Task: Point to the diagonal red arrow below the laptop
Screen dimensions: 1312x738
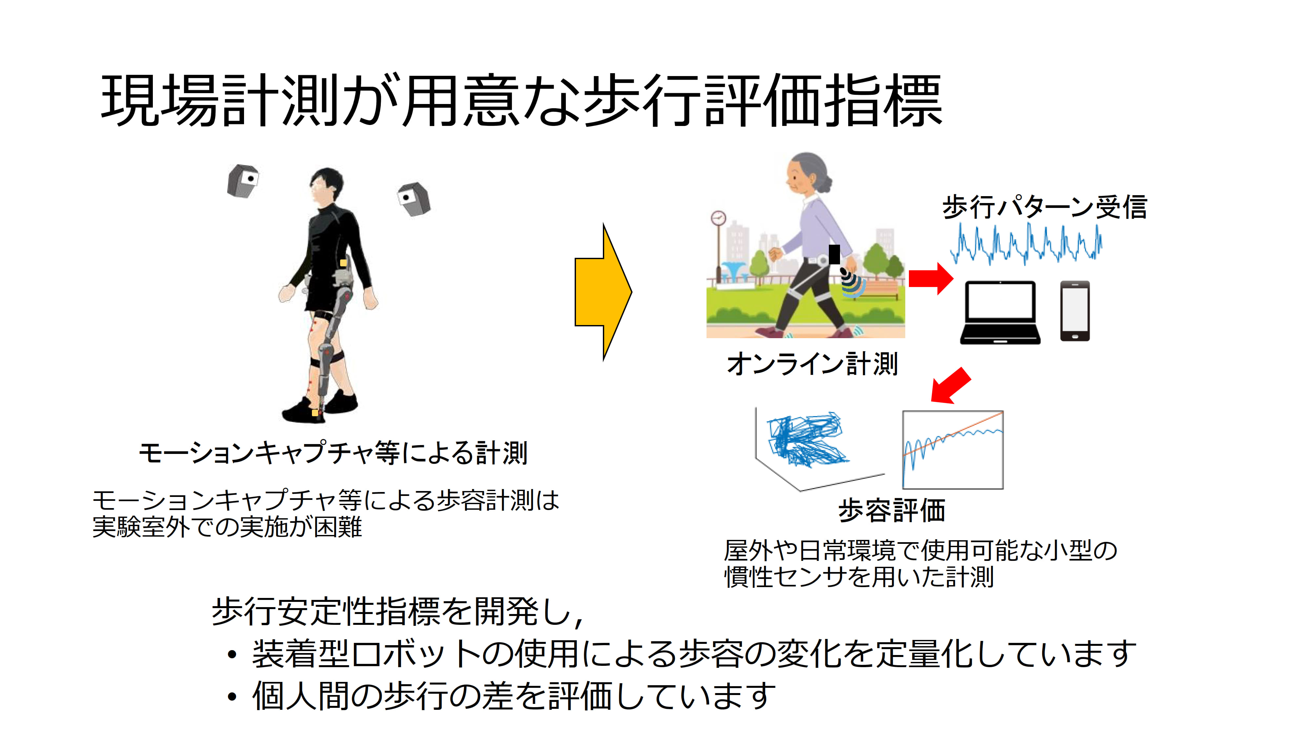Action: point(951,385)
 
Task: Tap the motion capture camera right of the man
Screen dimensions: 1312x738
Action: point(414,199)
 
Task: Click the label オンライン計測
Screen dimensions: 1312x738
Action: point(812,364)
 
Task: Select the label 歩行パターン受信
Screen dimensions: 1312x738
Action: point(1045,207)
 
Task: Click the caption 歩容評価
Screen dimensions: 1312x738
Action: point(892,510)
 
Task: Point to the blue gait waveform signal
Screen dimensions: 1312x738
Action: point(1026,244)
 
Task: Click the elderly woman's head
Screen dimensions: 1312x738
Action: point(807,176)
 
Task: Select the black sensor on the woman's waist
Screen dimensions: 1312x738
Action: point(834,254)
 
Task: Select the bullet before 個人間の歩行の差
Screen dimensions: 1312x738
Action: point(232,696)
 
